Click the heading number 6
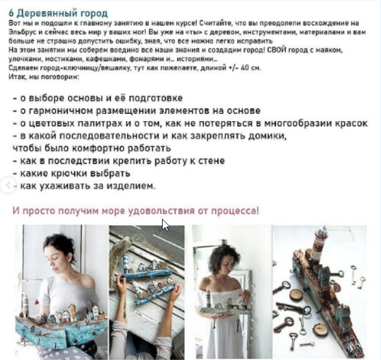tap(11, 14)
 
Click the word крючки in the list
tap(69, 174)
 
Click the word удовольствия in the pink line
tap(161, 210)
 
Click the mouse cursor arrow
tap(165, 225)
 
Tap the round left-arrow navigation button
tap(8, 185)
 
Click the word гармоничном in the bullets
tap(61, 111)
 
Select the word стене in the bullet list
tap(212, 161)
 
